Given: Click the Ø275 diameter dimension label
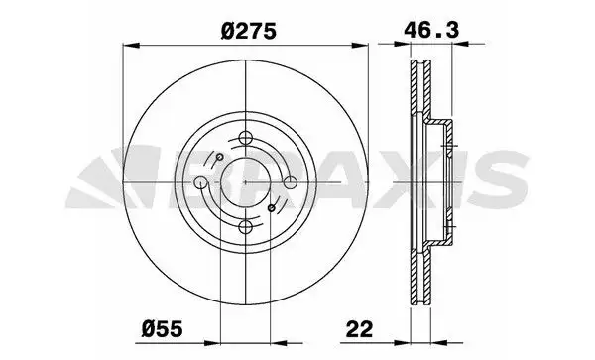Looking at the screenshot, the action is [x=248, y=31].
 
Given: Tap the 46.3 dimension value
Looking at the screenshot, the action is [x=430, y=30].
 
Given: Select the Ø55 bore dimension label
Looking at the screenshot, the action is [x=162, y=328].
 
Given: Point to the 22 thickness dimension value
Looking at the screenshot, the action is [x=359, y=328].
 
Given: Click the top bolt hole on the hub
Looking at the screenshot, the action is [x=246, y=137].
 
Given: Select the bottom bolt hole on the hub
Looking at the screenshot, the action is [x=246, y=227].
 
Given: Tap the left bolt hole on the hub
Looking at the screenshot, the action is [x=200, y=182].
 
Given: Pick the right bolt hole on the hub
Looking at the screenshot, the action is [x=291, y=182].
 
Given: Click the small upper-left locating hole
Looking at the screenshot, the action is [x=219, y=157].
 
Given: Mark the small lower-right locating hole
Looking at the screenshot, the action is [x=272, y=208].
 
